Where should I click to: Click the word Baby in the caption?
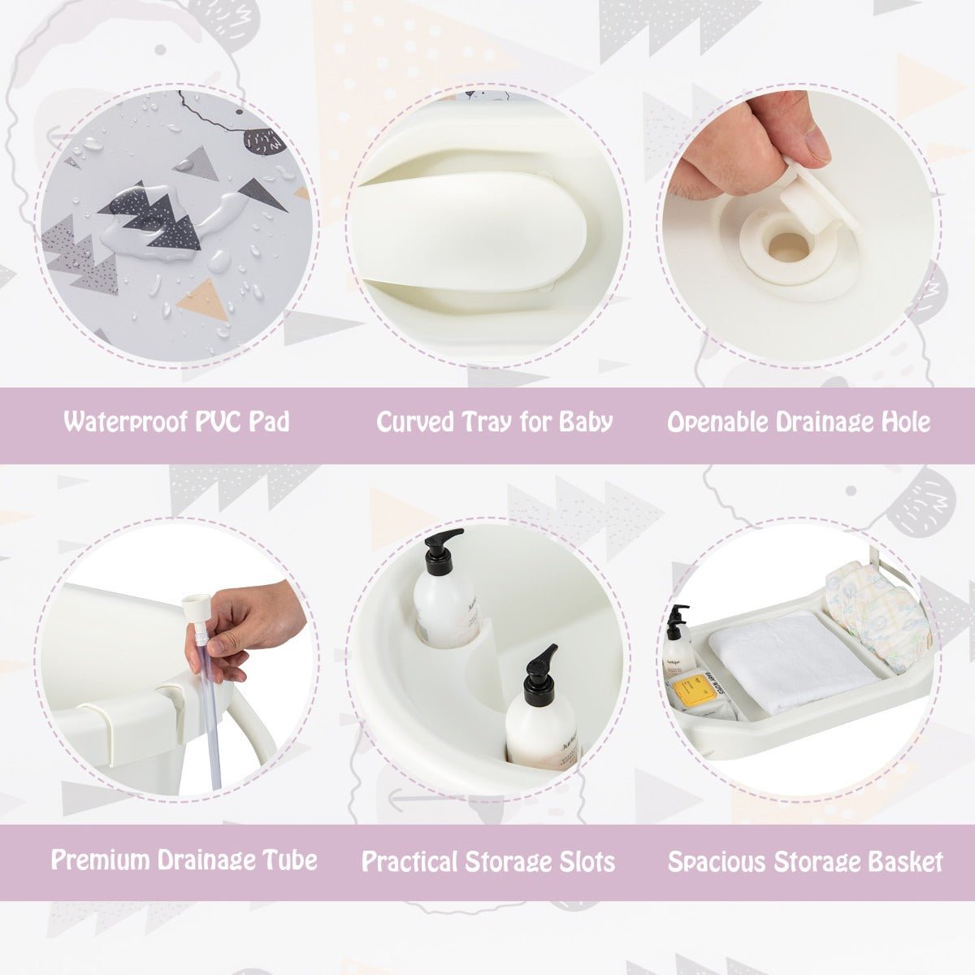pos(586,422)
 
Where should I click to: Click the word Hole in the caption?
pos(903,422)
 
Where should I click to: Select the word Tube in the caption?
pos(288,860)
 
